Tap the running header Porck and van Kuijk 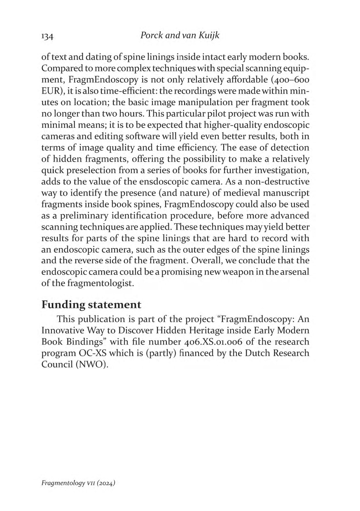tap(180, 36)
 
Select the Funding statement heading tap(91, 305)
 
